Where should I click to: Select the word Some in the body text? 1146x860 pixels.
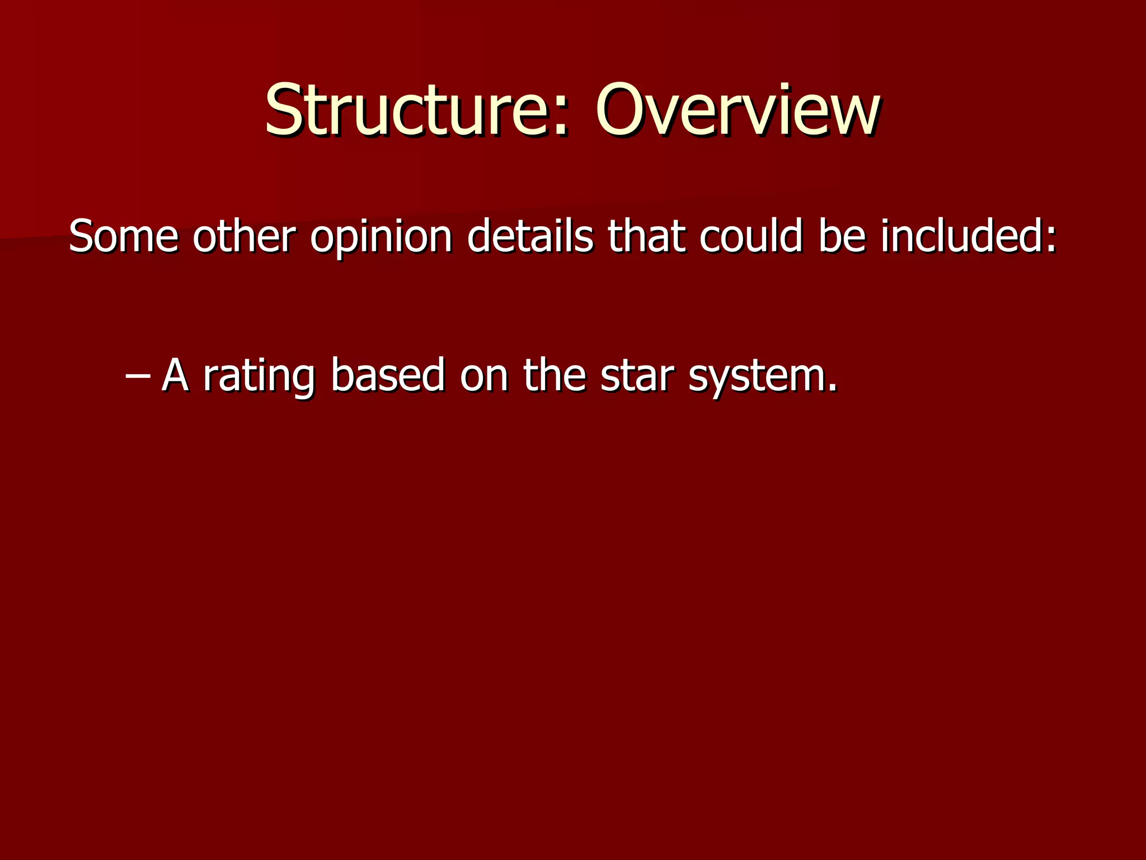click(123, 236)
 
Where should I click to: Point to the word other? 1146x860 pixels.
click(243, 236)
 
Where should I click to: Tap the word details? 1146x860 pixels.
click(529, 236)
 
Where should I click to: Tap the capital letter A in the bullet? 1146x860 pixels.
click(175, 375)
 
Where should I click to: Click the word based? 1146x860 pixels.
click(388, 375)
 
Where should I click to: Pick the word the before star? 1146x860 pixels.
click(555, 375)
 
